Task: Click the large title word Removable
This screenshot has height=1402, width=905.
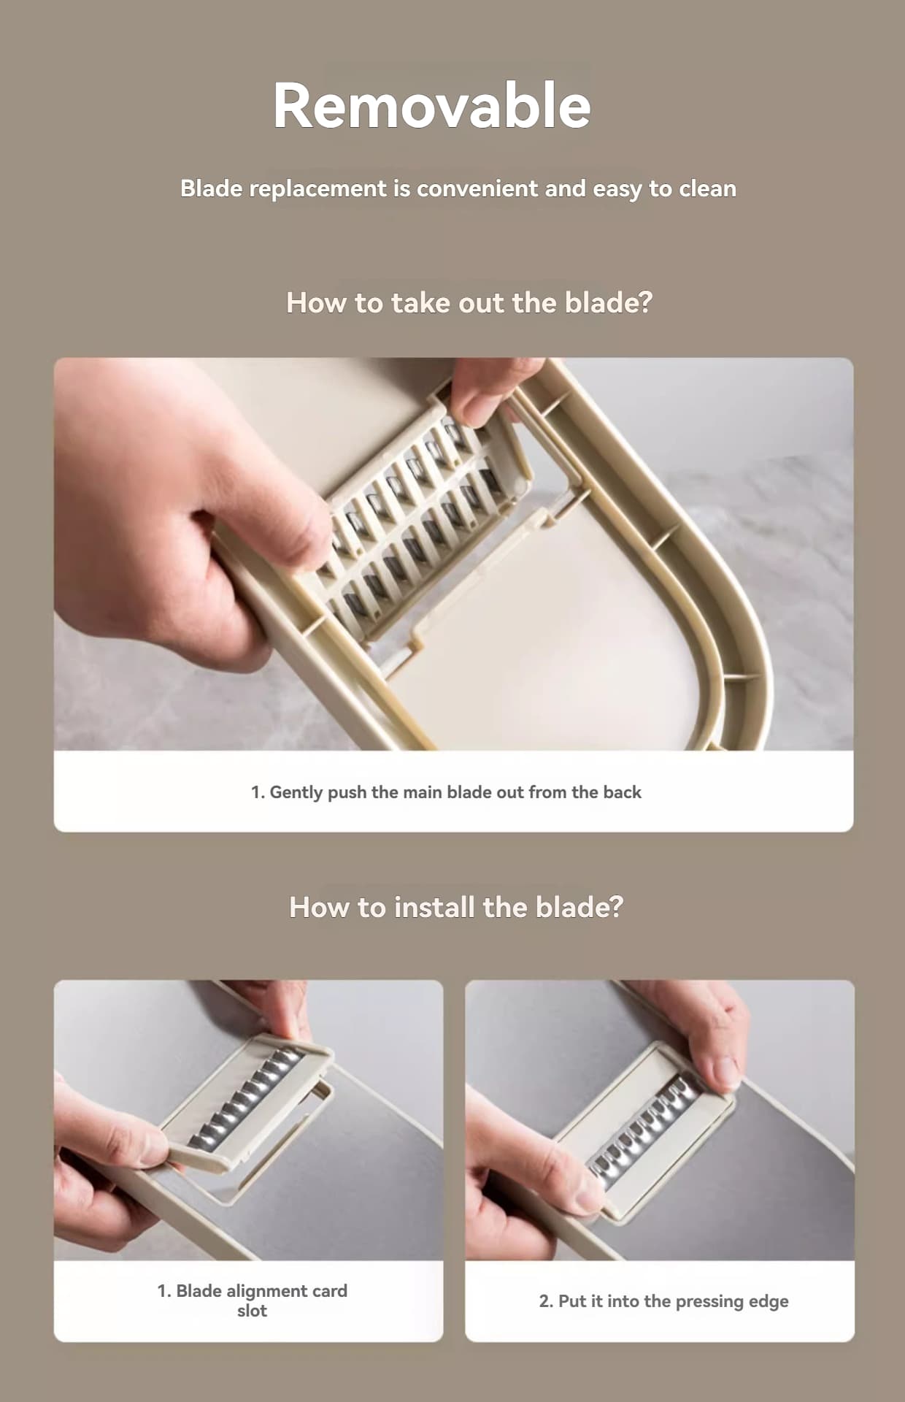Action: click(x=431, y=106)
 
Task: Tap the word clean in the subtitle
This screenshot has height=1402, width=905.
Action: click(x=707, y=188)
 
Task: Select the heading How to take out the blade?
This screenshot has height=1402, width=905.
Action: click(x=469, y=302)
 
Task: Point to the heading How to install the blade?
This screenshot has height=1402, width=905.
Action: click(x=456, y=907)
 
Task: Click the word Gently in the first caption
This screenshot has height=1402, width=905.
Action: click(x=296, y=792)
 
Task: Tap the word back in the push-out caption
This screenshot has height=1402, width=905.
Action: click(x=622, y=792)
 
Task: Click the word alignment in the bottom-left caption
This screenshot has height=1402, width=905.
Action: click(x=265, y=1291)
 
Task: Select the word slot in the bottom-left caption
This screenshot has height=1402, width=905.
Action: click(x=252, y=1311)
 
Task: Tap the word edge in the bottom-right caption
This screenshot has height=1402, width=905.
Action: click(x=769, y=1301)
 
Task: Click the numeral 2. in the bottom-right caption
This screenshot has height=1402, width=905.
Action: click(x=546, y=1301)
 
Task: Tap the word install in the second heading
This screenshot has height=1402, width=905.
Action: click(x=434, y=907)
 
